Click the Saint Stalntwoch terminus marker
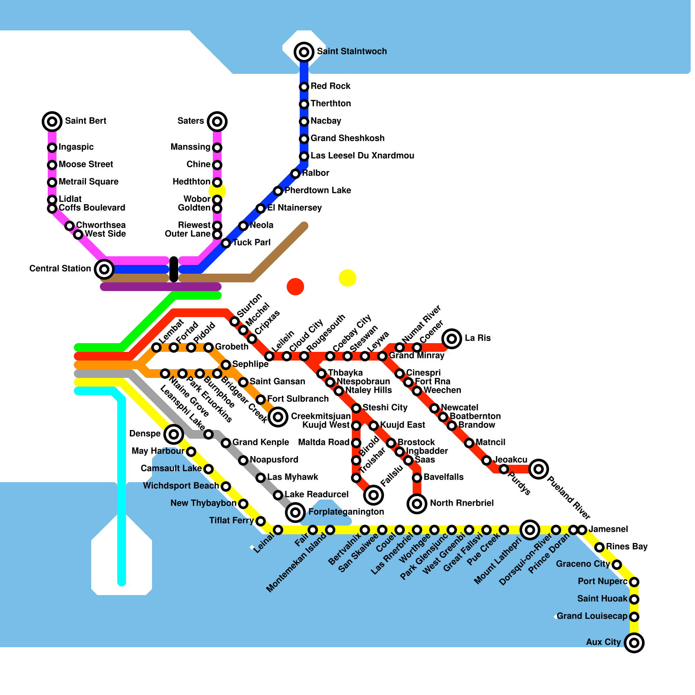click(304, 52)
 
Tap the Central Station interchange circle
click(104, 269)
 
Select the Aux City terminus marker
click(634, 643)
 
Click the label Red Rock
click(331, 86)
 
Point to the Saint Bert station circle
click(52, 122)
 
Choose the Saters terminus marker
click(217, 122)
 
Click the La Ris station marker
click(452, 338)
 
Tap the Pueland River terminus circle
click(539, 469)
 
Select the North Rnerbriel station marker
click(417, 504)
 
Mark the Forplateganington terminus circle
click(295, 513)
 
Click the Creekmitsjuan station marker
click(278, 417)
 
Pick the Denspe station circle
click(174, 434)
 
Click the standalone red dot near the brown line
click(295, 287)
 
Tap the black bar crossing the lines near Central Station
click(174, 269)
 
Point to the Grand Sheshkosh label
click(347, 138)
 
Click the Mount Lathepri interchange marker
click(530, 530)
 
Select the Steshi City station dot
click(356, 408)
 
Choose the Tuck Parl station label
click(252, 242)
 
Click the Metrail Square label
click(89, 182)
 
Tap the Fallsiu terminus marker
click(374, 495)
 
